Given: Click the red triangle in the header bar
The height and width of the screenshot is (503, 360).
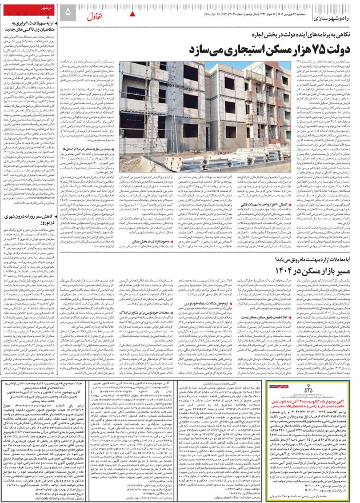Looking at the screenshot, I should coord(134,13).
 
